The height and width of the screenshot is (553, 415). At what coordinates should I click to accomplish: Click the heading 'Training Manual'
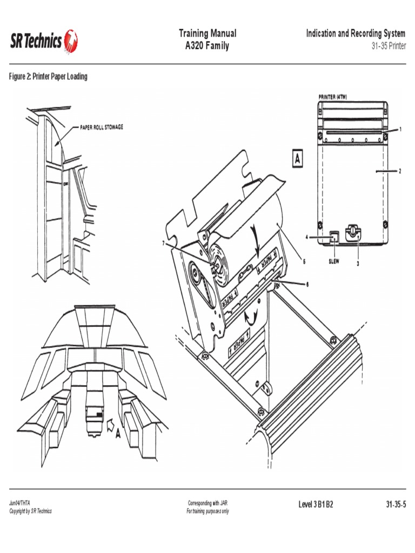207,33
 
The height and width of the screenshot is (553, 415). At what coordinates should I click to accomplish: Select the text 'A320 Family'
207,46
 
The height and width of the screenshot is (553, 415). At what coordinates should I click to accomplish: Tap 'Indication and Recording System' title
355,33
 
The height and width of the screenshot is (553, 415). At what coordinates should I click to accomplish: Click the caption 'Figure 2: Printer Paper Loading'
48,77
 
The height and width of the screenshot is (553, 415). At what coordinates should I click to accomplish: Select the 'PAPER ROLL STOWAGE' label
102,127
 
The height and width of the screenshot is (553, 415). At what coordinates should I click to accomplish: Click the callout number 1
400,129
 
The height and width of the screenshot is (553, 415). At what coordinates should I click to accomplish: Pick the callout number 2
400,171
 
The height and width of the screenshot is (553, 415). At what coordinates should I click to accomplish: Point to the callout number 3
358,264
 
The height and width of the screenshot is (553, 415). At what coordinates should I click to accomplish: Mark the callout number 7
163,243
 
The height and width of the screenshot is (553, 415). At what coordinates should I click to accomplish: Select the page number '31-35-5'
396,504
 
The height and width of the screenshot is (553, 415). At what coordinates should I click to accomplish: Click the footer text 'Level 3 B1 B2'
316,504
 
